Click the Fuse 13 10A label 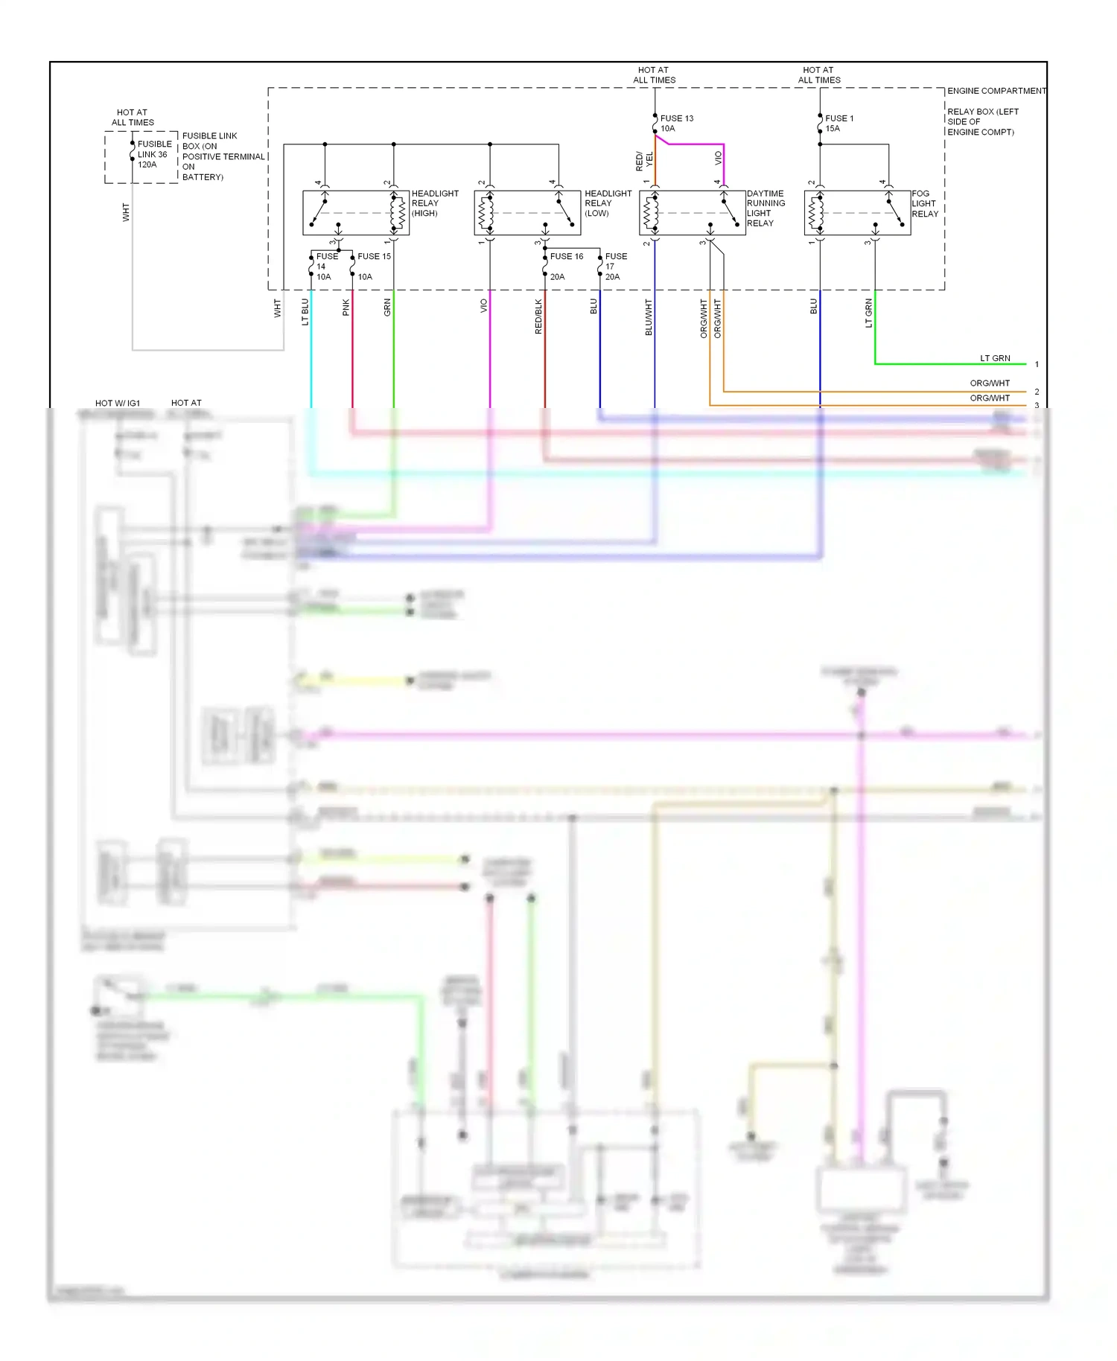(x=676, y=124)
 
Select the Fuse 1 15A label (x=838, y=124)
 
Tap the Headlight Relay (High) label (x=434, y=203)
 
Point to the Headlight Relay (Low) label (x=607, y=203)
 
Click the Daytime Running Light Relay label (x=766, y=208)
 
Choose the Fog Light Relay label (x=924, y=204)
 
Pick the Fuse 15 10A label (x=373, y=266)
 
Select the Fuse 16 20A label (x=566, y=266)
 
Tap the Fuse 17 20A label (x=615, y=267)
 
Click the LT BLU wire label (x=305, y=312)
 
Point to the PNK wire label (x=346, y=307)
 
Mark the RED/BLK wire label (x=538, y=316)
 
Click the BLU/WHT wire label (x=648, y=318)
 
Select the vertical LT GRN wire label (x=868, y=313)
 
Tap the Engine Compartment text (x=996, y=91)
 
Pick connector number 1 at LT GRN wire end (x=1037, y=365)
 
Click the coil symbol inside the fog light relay (x=817, y=213)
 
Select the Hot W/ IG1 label (x=117, y=404)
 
